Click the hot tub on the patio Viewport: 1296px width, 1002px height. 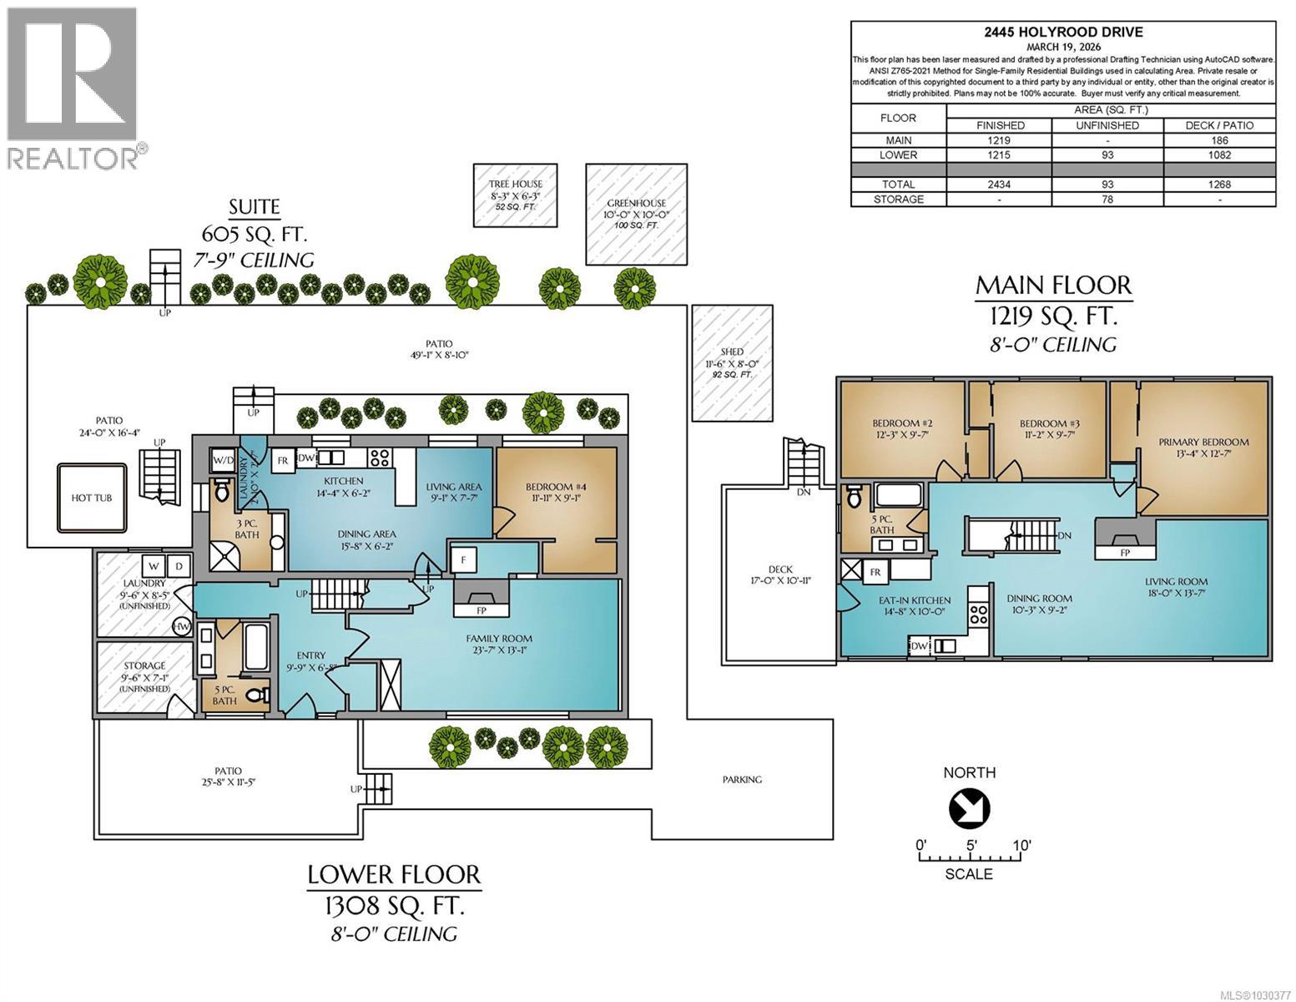(x=91, y=498)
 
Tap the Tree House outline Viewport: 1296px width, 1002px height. (x=515, y=194)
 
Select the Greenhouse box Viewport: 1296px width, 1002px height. (x=638, y=213)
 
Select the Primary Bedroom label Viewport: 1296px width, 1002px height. (x=1203, y=443)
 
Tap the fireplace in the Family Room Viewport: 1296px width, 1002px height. (x=480, y=598)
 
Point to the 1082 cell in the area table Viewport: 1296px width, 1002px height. (x=1219, y=154)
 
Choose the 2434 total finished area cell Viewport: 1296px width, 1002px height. (x=1000, y=185)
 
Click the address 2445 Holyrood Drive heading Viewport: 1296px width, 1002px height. (x=1063, y=33)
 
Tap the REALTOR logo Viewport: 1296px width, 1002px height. (x=73, y=88)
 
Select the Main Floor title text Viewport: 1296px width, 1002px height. (x=1053, y=286)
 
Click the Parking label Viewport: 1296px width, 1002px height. (x=742, y=780)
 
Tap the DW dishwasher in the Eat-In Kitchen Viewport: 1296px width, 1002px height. (x=920, y=645)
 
